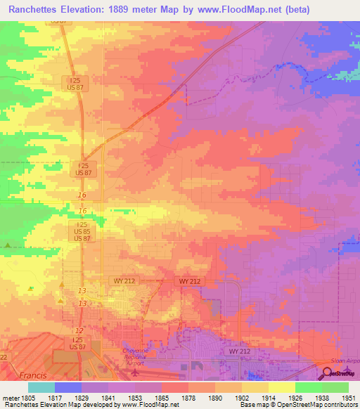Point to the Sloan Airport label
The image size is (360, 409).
click(344, 359)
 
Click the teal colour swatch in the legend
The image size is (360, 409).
click(41, 387)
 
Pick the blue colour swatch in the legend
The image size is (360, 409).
click(68, 387)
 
